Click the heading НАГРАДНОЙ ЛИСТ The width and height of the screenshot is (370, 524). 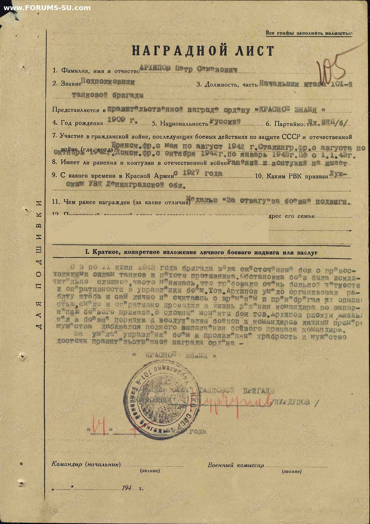point(203,51)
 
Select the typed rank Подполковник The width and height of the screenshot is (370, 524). point(107,82)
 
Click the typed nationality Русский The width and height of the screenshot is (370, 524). point(225,122)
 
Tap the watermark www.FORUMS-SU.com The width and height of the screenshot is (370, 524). point(47,8)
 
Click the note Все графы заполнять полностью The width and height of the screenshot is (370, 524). point(309,33)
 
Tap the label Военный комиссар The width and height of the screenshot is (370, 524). point(236,465)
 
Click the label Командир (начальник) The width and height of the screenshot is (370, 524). point(86,464)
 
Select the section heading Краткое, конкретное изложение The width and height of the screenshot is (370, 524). point(201,252)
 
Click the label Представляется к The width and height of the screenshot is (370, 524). point(79,110)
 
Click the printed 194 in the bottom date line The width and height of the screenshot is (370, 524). point(127,488)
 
